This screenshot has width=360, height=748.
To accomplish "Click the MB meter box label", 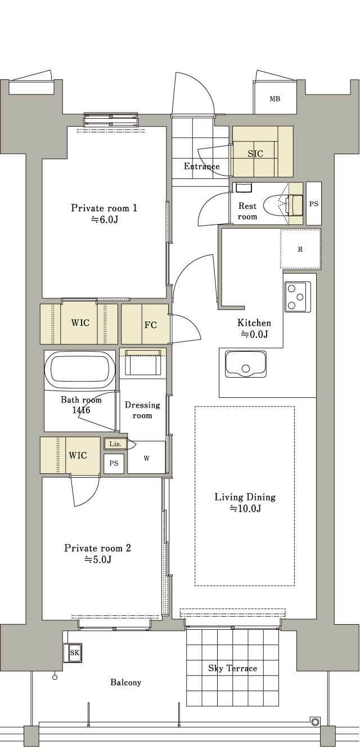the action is (x=275, y=99).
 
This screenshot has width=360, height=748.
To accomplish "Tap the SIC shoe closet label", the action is (x=255, y=154).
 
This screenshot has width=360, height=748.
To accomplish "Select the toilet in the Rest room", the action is (x=283, y=204).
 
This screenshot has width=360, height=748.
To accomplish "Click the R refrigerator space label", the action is (x=300, y=249).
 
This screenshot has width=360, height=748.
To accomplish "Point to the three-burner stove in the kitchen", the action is (x=298, y=297).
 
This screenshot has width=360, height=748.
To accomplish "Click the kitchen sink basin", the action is (x=246, y=364).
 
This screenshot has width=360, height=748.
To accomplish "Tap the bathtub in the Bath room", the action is (x=80, y=370).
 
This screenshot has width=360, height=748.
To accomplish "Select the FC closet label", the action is (x=151, y=325).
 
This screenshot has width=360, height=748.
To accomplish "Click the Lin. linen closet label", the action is (x=115, y=444).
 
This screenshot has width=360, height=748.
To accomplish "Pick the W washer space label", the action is (x=146, y=459).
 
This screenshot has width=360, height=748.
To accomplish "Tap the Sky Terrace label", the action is (x=232, y=668).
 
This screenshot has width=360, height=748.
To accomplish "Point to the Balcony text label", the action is (x=126, y=683).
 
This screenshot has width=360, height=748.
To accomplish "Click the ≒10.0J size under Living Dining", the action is (x=245, y=509).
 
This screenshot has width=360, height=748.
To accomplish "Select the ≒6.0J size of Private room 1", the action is (x=104, y=220).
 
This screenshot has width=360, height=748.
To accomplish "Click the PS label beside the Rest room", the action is (x=314, y=204).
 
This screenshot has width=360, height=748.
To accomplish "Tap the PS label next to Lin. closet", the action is (x=114, y=463).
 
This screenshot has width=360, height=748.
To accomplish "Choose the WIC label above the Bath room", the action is (x=80, y=323).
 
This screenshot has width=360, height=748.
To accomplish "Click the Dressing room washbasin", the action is (x=142, y=362).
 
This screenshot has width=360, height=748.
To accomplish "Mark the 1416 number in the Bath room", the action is (x=81, y=410).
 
